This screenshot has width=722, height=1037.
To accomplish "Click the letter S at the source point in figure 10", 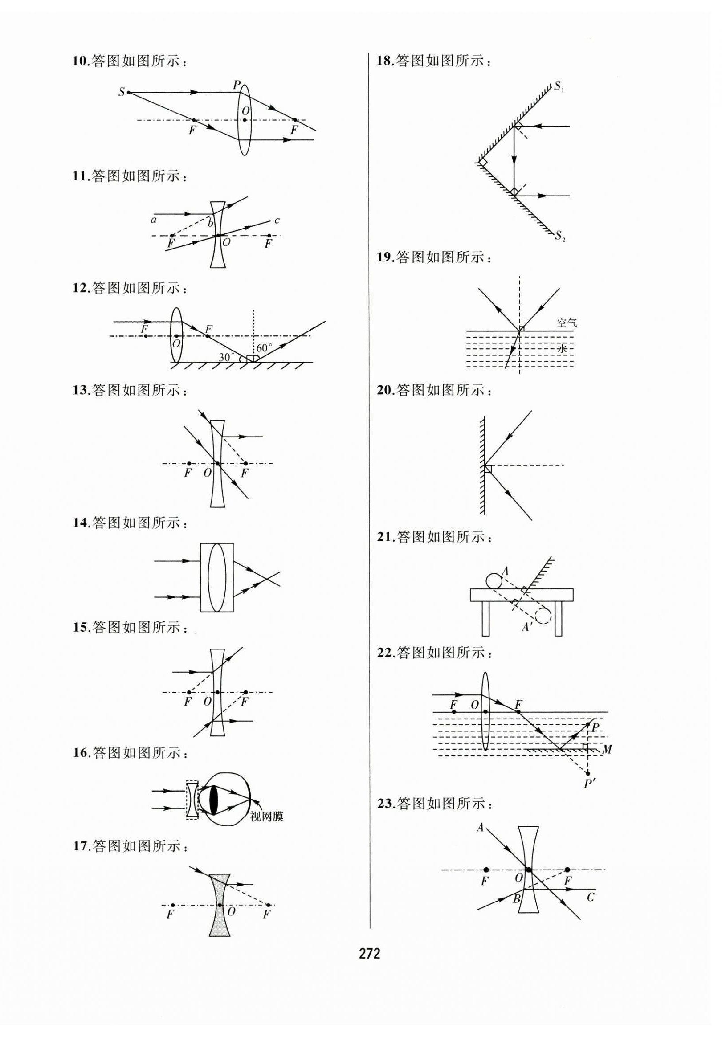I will tap(122, 92).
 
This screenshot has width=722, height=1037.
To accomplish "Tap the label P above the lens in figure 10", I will tap(237, 85).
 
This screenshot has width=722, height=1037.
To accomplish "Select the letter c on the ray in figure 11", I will tap(277, 220).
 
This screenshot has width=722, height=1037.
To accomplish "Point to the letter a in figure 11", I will tap(154, 220).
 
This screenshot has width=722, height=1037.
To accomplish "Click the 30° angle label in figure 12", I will tap(227, 357).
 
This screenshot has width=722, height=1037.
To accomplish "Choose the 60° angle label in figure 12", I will tap(264, 348).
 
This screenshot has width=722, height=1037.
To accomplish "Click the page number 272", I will tap(369, 953).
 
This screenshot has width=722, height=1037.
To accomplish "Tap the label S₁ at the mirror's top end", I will tap(560, 86).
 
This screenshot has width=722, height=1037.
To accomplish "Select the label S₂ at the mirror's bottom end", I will tap(560, 236).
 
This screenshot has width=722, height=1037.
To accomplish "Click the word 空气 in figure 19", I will tap(567, 323).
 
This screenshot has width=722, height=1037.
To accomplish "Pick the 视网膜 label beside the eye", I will tap(267, 816).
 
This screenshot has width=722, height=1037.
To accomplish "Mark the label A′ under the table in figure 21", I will tap(526, 627).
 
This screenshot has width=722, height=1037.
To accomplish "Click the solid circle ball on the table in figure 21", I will tap(494, 580).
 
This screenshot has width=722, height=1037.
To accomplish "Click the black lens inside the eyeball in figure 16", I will tap(214, 800).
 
